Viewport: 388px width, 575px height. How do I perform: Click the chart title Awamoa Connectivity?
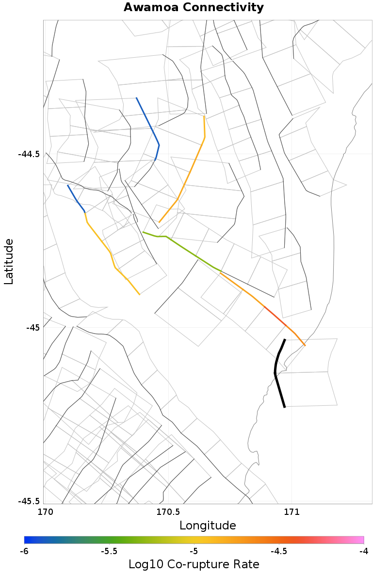(x=194, y=8)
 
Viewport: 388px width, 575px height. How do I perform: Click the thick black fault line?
(x=276, y=373)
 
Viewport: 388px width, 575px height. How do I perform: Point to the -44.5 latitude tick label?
(x=29, y=154)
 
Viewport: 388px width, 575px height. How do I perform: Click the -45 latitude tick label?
(x=32, y=328)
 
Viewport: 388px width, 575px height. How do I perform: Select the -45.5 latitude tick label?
(x=29, y=501)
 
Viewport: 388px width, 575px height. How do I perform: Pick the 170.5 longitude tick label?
(x=167, y=512)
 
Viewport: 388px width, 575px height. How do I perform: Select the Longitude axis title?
(x=208, y=526)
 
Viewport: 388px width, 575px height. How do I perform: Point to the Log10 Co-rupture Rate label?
(x=194, y=564)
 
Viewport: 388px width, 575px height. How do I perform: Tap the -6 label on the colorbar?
(x=24, y=551)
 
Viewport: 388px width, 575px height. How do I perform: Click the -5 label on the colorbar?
(x=194, y=551)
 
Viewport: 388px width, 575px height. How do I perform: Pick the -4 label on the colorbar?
(x=363, y=551)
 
